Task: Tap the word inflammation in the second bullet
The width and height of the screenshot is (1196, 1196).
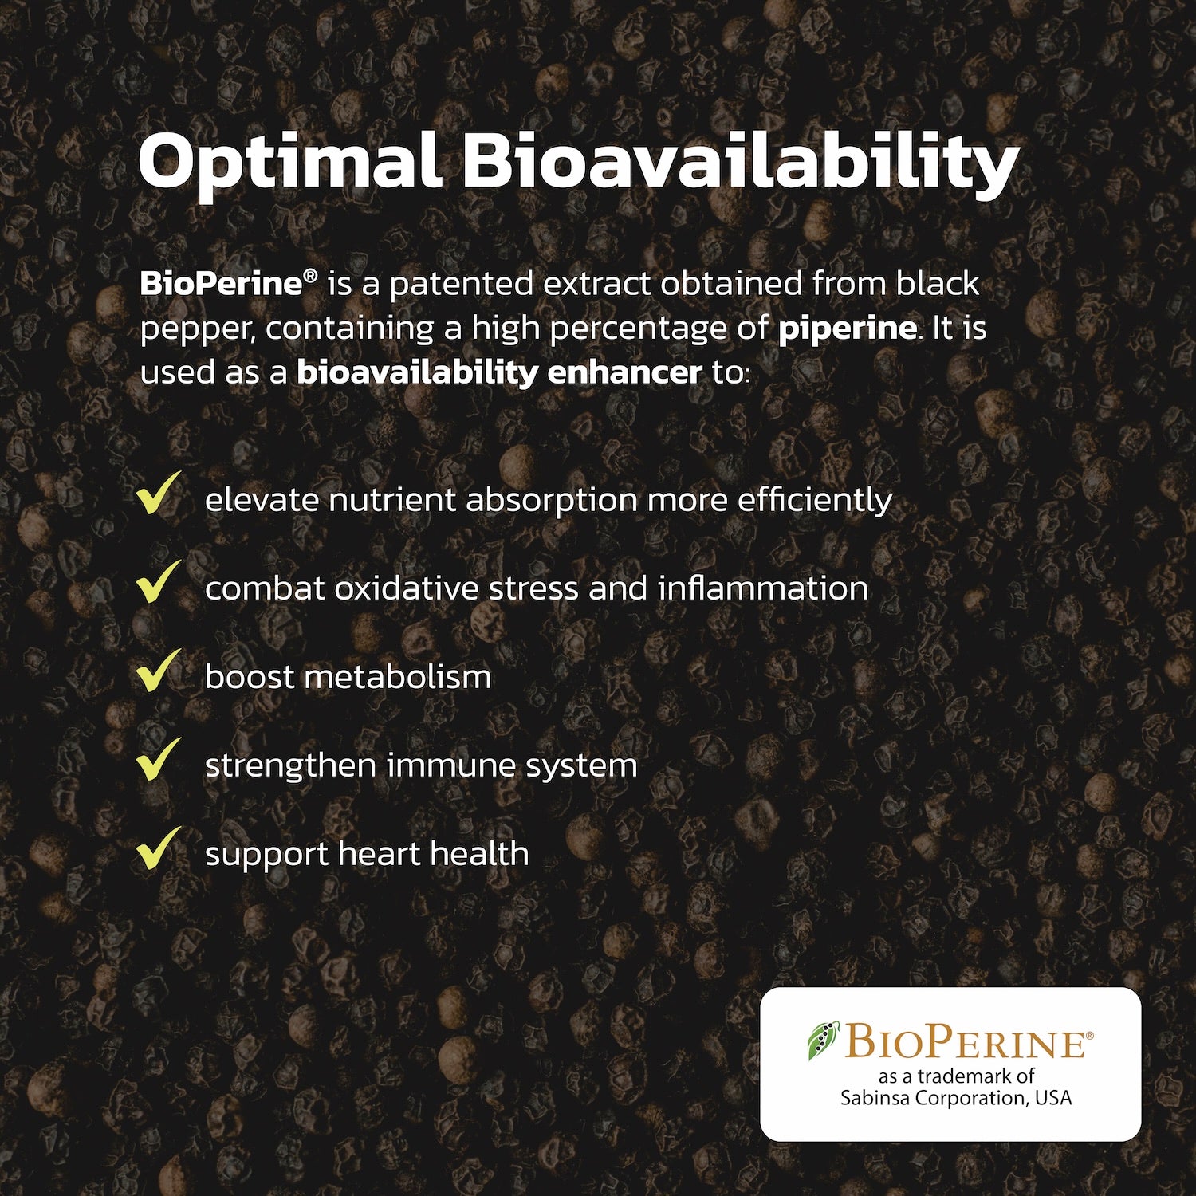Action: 763,588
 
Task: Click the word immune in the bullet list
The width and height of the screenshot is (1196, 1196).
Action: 450,765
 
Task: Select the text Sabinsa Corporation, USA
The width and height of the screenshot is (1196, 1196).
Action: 956,1099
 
